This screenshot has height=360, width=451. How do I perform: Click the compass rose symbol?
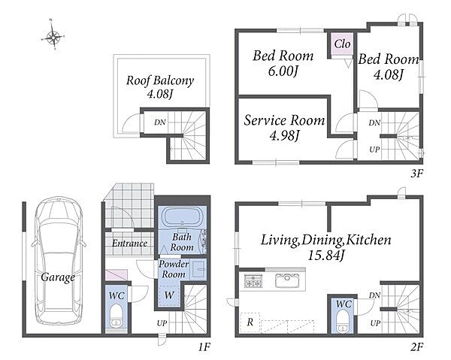pyautogui.click(x=53, y=36)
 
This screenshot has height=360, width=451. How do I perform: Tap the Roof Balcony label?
pyautogui.click(x=160, y=87)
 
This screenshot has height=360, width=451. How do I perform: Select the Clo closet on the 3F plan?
pyautogui.click(x=342, y=44)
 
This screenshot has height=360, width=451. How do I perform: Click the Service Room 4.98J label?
pyautogui.click(x=284, y=128)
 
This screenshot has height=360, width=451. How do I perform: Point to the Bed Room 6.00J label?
pyautogui.click(x=283, y=63)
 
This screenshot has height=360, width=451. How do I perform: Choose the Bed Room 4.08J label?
pyautogui.click(x=389, y=67)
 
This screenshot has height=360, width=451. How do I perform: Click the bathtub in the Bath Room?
pyautogui.click(x=182, y=218)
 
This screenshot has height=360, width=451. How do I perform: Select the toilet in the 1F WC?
pyautogui.click(x=117, y=316)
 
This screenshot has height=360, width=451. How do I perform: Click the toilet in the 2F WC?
pyautogui.click(x=342, y=321)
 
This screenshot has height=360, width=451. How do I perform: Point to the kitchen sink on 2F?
pyautogui.click(x=287, y=280)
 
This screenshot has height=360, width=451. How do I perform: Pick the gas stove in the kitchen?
pyautogui.click(x=253, y=280)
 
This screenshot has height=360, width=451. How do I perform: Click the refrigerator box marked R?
pyautogui.click(x=250, y=322)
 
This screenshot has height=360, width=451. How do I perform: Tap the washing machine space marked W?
pyautogui.click(x=169, y=295)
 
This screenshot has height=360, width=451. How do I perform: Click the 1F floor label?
pyautogui.click(x=204, y=347)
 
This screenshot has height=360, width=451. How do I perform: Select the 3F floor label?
pyautogui.click(x=416, y=173)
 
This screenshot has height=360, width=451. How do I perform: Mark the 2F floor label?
pyautogui.click(x=416, y=347)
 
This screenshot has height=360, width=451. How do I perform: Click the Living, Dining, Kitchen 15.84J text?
pyautogui.click(x=326, y=247)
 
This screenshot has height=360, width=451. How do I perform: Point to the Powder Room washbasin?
pyautogui.click(x=199, y=269)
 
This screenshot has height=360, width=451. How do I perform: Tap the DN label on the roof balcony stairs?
pyautogui.click(x=160, y=123)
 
